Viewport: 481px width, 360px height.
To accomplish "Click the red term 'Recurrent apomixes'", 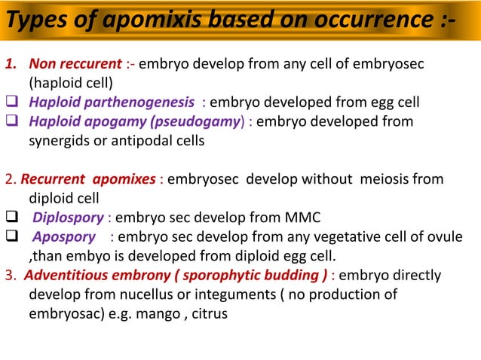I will [x=88, y=180].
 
